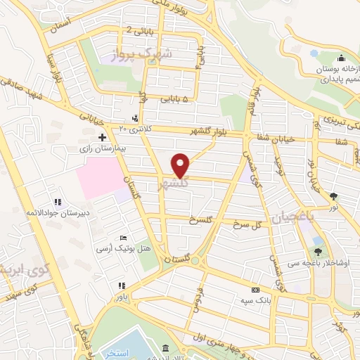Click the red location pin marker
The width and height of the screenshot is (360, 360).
(181, 166)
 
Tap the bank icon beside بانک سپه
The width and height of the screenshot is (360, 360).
(255, 290)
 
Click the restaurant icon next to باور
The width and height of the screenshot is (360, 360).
(122, 285)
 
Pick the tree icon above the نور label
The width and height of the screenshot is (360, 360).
(333, 197)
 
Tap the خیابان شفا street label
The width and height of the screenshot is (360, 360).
(281, 138)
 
